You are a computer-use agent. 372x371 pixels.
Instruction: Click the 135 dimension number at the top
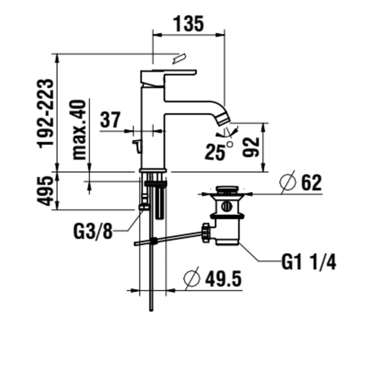click(189, 24)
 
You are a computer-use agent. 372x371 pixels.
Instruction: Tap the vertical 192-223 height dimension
click(45, 113)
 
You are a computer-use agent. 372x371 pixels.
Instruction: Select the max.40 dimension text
click(79, 130)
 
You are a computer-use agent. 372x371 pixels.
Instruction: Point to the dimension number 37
click(110, 120)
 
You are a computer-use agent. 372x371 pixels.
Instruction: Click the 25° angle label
click(219, 151)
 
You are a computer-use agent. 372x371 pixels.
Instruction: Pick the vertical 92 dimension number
click(250, 147)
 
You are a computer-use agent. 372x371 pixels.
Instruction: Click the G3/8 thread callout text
click(93, 231)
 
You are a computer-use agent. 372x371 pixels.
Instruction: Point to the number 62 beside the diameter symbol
click(311, 183)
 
